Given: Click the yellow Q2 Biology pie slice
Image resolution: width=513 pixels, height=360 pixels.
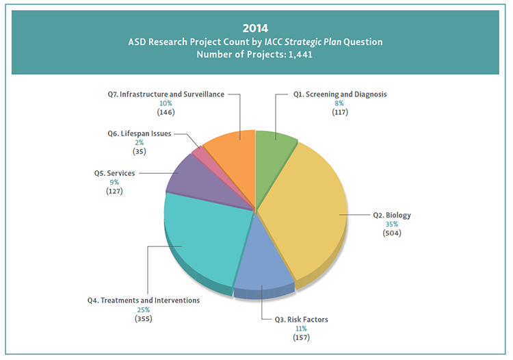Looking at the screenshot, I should [x=301, y=205].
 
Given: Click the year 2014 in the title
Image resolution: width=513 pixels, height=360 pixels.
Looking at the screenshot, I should [x=256, y=29].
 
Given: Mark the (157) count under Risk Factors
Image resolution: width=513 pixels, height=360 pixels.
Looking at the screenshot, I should [x=302, y=337].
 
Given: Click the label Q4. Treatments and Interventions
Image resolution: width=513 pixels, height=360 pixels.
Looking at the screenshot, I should [x=143, y=300].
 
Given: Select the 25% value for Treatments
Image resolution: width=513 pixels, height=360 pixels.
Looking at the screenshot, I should [x=143, y=309].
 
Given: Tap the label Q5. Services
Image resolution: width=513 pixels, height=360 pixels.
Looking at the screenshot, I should [x=114, y=173].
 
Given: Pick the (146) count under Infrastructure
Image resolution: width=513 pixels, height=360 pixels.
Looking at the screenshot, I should [x=166, y=112].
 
